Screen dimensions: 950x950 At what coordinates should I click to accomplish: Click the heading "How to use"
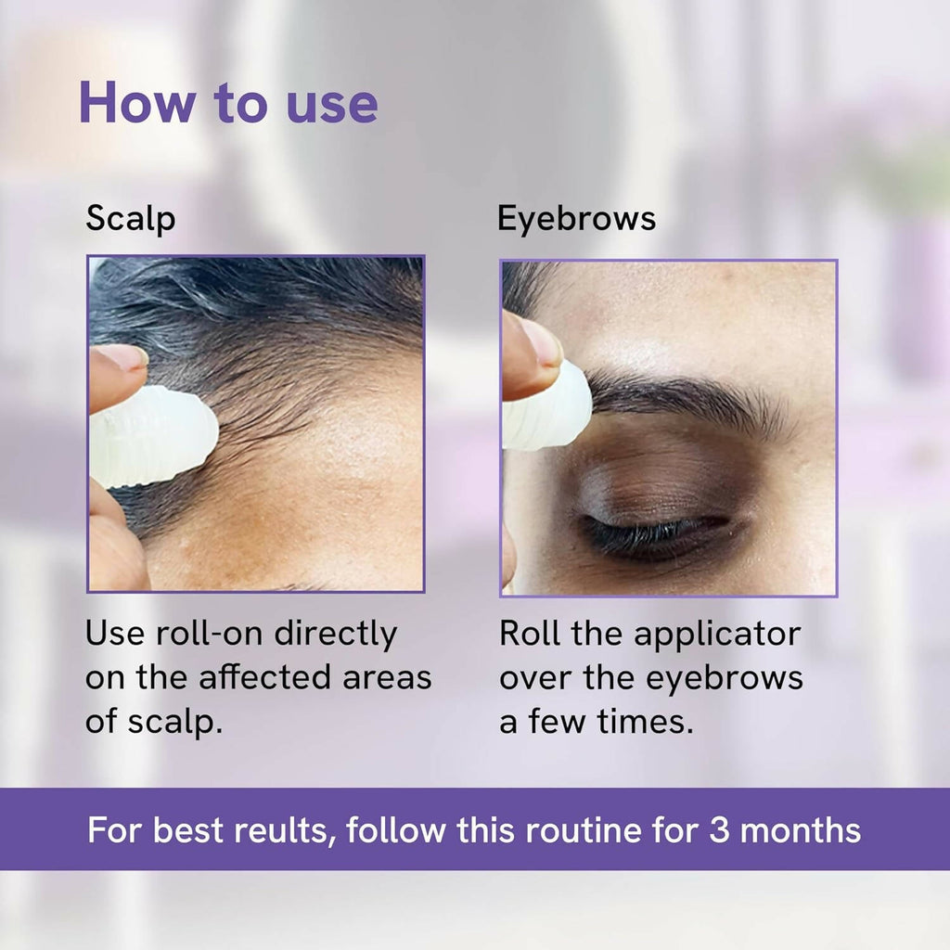pos(228,102)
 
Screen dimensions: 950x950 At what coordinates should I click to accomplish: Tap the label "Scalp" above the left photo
pos(130,220)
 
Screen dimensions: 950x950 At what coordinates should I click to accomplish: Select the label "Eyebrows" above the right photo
pos(576,220)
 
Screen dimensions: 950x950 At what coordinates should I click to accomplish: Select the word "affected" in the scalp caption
pos(277,677)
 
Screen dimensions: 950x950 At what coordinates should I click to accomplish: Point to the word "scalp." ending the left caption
pos(177,721)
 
